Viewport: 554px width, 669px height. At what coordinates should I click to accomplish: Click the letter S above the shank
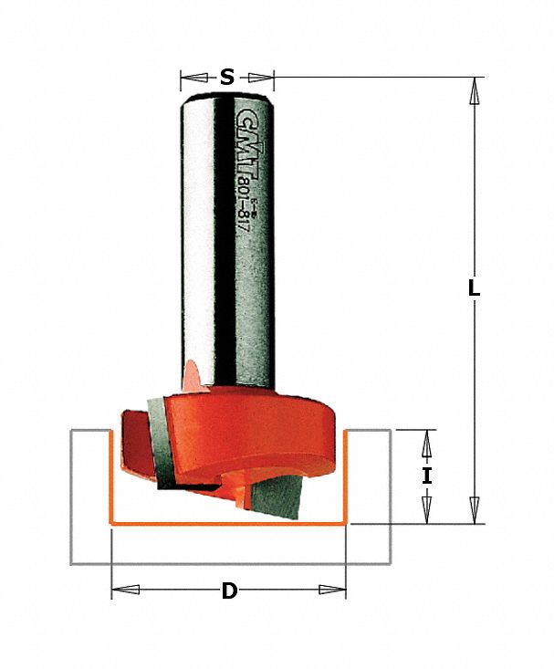pos(227,78)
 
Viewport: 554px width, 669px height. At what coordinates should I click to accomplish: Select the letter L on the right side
pos(473,287)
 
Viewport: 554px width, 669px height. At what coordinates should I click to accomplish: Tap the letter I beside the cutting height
pos(425,476)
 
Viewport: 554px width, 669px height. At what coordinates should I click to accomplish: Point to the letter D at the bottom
pos(229,591)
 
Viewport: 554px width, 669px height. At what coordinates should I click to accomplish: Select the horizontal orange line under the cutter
pos(228,524)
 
